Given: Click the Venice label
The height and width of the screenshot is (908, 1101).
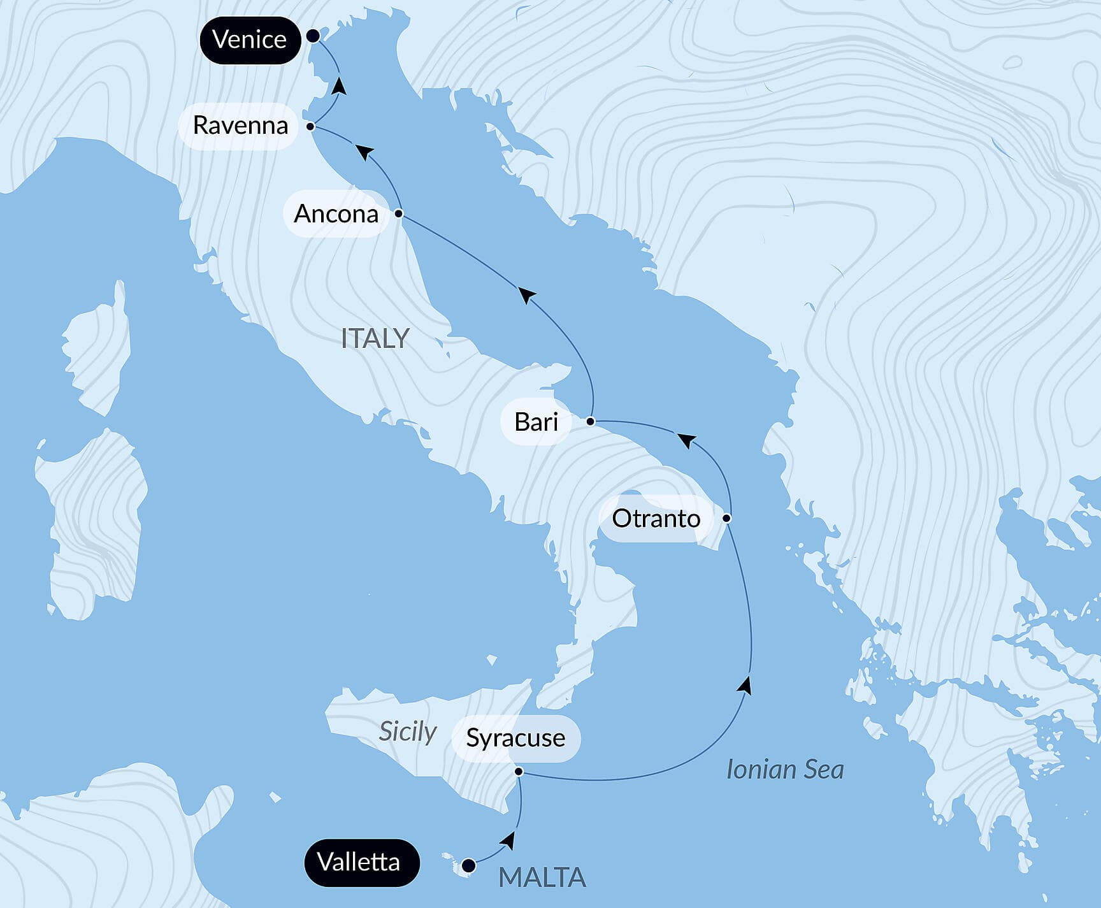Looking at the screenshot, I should point(249,40).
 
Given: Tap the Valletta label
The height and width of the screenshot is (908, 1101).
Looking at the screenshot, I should point(359,862).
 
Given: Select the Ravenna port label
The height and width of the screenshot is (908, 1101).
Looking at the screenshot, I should point(240,126).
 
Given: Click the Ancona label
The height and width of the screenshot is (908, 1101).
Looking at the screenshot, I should point(336,214).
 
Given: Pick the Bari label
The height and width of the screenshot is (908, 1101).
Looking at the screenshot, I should point(536,422).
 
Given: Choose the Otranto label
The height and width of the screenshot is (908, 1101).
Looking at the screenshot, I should point(656,519).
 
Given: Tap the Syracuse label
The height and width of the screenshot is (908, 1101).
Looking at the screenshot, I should point(515,738).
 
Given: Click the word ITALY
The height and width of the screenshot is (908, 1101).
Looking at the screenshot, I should point(375,338).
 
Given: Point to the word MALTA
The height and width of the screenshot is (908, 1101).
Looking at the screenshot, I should point(542,877).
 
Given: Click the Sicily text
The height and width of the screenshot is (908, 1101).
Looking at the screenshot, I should point(407,731).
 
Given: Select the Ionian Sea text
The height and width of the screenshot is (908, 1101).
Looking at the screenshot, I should point(785,770).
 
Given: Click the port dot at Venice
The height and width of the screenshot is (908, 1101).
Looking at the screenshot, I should point(313,36).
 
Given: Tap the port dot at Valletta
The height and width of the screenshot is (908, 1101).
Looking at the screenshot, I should point(468,865).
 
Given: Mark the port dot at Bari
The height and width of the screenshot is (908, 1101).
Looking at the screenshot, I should point(591,421).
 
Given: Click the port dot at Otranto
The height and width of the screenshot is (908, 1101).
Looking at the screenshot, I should point(726,518).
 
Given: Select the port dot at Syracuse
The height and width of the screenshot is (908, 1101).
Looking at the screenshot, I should point(519,772).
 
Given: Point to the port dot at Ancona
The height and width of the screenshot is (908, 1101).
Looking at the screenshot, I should point(398,213).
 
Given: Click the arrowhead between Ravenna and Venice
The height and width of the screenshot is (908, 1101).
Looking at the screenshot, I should point(340,86).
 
